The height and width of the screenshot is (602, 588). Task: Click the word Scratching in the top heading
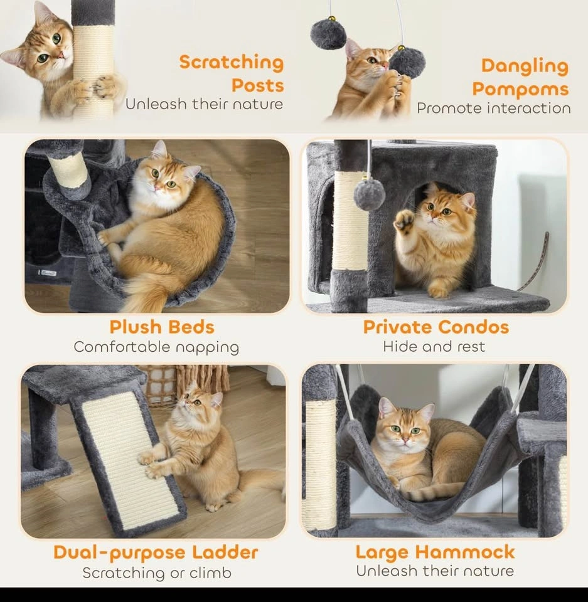(232, 63)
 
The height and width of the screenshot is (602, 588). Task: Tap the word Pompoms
(520, 89)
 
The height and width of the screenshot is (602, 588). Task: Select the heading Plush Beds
(162, 327)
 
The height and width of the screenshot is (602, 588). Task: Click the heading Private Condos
(436, 327)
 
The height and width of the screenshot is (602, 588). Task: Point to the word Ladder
(225, 552)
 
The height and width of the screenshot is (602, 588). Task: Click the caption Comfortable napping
(156, 347)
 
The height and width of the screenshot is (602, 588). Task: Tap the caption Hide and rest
(434, 347)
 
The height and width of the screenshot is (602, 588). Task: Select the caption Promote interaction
(494, 108)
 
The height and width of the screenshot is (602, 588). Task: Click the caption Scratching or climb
(157, 573)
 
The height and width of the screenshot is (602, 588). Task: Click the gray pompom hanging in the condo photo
(370, 194)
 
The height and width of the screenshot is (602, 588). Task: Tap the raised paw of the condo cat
(404, 222)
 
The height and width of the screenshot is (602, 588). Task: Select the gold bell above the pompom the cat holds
(401, 48)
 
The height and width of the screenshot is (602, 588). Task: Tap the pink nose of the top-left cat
(60, 56)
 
